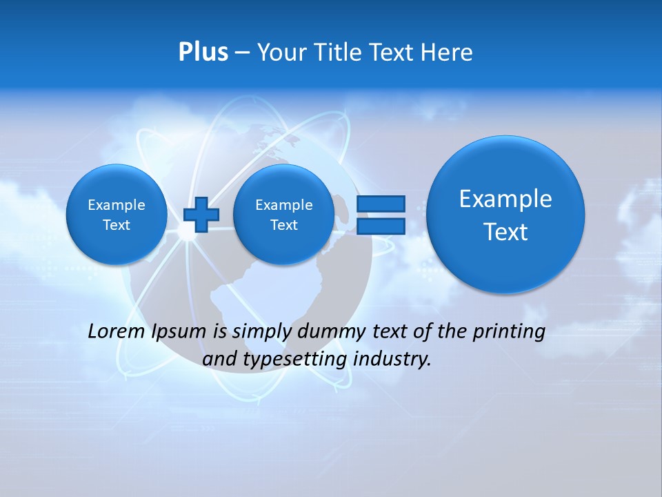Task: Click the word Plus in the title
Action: pos(203,52)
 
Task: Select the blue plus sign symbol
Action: pos(201,214)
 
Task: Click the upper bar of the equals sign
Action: pos(381,204)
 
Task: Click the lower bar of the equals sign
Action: pos(381,226)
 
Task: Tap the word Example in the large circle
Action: pos(505,199)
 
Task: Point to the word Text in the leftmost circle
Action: pos(117,225)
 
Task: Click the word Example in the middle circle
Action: pos(283,205)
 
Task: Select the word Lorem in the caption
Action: pos(117,332)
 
